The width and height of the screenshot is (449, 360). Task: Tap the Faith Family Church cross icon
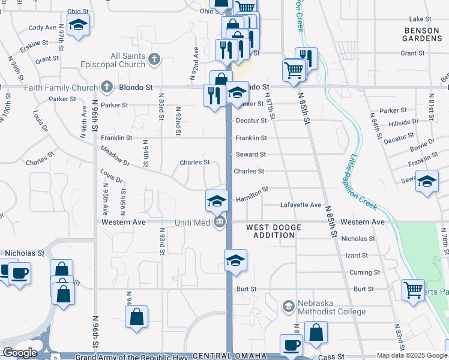pos(107,87)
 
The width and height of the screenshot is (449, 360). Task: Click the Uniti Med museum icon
pos(220,223)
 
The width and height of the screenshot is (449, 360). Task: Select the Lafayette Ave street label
pos(301,205)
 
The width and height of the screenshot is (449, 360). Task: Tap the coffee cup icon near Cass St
pos(291,345)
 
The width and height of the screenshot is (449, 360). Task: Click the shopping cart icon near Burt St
pos(413,290)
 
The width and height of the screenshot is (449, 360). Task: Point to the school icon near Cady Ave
pos(77,25)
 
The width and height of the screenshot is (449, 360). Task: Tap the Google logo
pos(20,353)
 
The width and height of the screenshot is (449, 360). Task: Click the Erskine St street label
pos(34,44)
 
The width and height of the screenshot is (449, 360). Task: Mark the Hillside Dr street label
pos(403,122)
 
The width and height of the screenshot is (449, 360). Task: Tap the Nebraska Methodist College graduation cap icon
pos(288,307)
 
